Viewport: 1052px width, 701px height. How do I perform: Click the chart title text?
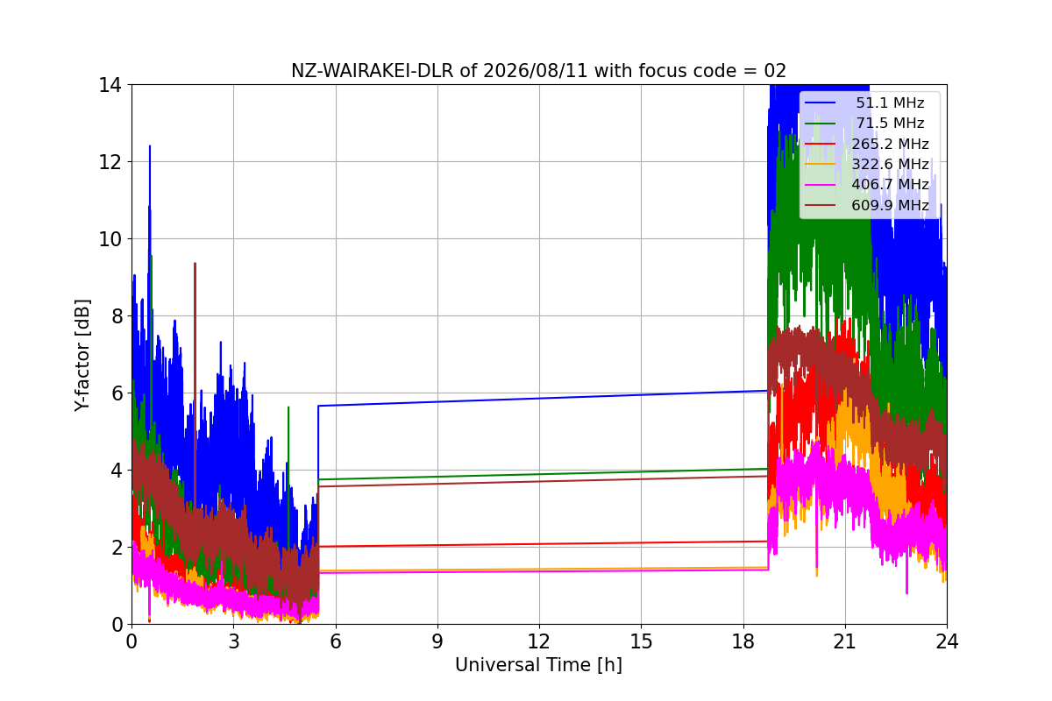(538, 71)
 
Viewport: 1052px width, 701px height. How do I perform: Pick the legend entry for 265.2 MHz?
(866, 144)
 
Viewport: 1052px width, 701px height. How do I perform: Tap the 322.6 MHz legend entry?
(866, 164)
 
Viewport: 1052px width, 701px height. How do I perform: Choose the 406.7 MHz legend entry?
(866, 185)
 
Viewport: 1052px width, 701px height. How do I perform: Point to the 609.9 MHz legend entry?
(866, 205)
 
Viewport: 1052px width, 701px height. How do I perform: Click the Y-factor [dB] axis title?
(82, 356)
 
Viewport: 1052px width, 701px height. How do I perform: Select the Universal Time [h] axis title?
(538, 665)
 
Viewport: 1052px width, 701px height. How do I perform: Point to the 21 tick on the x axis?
(845, 641)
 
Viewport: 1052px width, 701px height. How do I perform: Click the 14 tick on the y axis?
(110, 86)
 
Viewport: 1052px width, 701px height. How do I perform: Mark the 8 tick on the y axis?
(117, 316)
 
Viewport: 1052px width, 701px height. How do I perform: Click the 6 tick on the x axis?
(335, 641)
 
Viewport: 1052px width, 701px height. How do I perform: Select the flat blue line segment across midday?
(543, 398)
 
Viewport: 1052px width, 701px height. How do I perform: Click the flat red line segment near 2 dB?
(543, 544)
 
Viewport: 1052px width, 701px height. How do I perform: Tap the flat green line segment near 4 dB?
(543, 474)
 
